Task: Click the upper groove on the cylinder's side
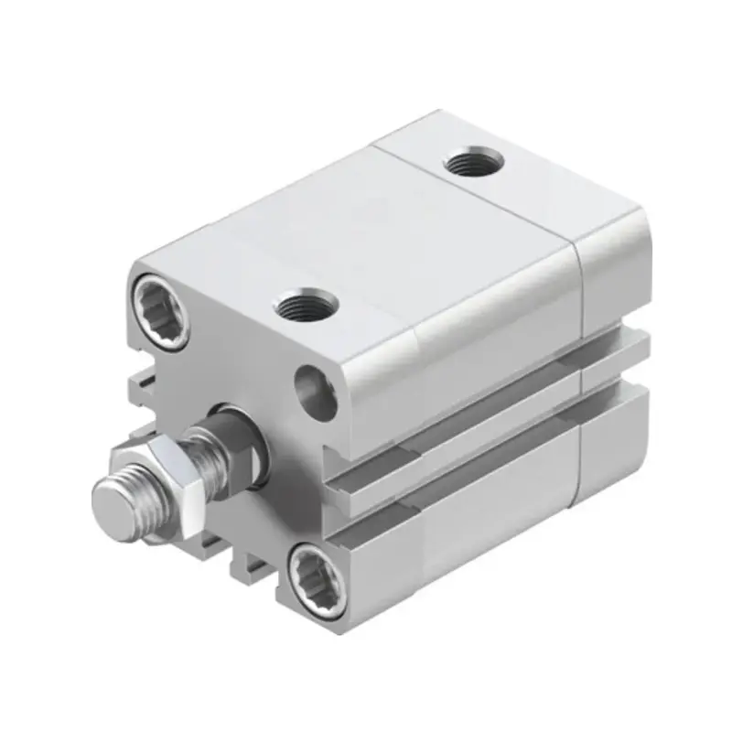(476, 403)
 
